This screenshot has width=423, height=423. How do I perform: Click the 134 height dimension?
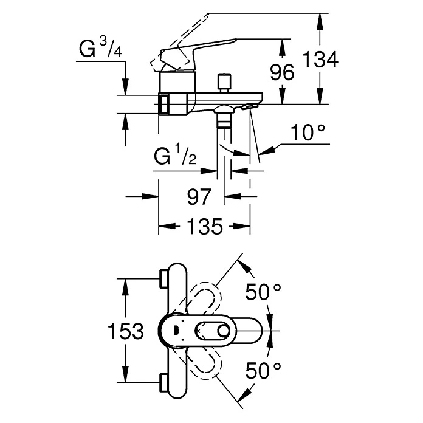320,60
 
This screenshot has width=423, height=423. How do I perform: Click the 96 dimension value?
282,72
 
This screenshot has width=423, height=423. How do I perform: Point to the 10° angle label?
308,132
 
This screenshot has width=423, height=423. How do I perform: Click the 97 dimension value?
199,197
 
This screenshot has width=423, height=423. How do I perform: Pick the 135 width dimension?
205,226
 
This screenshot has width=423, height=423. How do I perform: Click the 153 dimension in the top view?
125,331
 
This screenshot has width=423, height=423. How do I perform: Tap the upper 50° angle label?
263,292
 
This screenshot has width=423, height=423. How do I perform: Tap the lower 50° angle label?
263,370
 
